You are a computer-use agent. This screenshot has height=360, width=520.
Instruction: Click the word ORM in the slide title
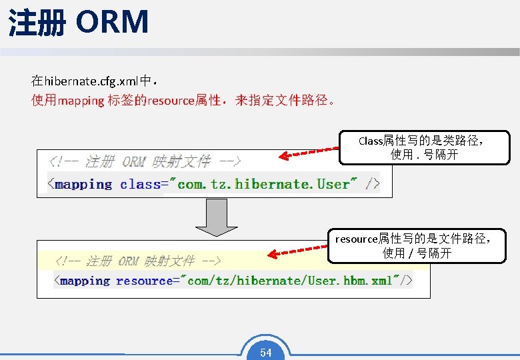[x=112, y=21]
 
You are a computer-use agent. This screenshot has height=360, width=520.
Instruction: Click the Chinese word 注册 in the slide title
[x=37, y=23]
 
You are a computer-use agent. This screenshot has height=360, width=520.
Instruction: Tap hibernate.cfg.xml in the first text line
[x=90, y=82]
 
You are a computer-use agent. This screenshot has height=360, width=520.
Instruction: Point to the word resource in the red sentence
[x=171, y=101]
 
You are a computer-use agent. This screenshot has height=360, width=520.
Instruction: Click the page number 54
[x=266, y=353]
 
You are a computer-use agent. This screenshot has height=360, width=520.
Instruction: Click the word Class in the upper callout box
[x=370, y=141]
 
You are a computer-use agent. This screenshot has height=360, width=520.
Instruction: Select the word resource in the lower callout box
[x=356, y=239]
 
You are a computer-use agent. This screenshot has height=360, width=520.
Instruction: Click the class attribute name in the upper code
[x=140, y=184]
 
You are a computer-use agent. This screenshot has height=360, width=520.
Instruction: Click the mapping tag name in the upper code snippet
[x=83, y=184]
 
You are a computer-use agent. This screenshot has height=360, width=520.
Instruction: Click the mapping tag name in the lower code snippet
[x=85, y=281]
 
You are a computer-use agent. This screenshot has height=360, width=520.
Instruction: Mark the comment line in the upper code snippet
[x=144, y=161]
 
